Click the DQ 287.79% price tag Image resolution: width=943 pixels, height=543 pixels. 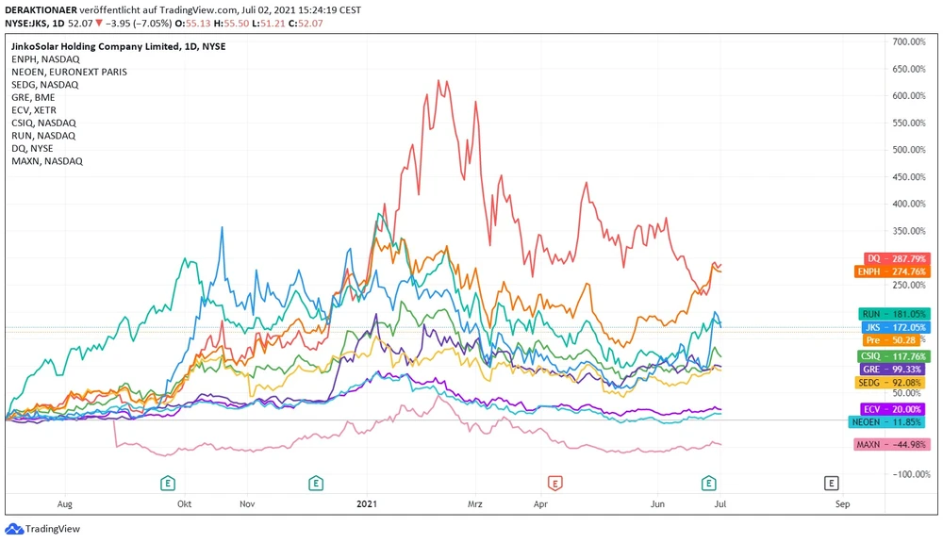tap(896, 258)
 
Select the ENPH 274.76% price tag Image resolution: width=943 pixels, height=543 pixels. tap(896, 271)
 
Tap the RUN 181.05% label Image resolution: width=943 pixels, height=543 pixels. tap(895, 314)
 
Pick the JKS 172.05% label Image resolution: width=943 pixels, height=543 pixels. tap(895, 326)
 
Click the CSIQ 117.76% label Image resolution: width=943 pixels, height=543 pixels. tap(895, 356)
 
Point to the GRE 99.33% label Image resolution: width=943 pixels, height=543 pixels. tap(895, 370)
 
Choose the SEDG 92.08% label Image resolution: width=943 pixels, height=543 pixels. tap(895, 383)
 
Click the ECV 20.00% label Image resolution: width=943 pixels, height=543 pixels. tap(895, 409)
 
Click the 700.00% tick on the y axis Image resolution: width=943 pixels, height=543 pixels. tap(911, 42)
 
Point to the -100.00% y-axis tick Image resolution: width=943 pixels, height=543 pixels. tap(911, 474)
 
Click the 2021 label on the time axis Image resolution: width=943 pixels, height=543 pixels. tap(367, 504)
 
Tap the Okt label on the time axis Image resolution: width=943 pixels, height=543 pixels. tap(185, 504)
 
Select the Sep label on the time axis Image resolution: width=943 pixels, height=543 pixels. tap(842, 504)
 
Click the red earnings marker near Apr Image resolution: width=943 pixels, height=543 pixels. tap(555, 483)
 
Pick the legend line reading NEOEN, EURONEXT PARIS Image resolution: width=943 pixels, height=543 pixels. tap(69, 72)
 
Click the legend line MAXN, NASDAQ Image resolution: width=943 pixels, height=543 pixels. tap(47, 161)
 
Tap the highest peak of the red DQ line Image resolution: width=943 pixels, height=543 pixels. tap(438, 81)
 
